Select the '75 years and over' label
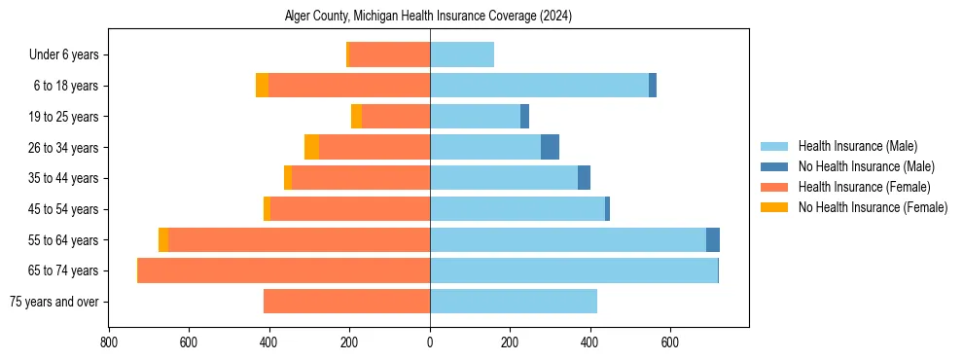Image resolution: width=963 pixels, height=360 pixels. (x=53, y=302)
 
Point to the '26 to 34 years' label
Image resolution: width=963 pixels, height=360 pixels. (x=63, y=148)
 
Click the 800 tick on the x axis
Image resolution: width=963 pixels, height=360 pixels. (x=108, y=342)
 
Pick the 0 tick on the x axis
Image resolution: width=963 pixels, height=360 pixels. (x=430, y=342)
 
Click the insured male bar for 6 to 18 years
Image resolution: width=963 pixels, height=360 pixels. (x=539, y=86)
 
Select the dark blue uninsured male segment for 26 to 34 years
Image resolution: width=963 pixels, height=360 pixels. (x=550, y=148)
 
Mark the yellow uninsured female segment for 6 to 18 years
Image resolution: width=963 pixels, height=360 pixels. (x=262, y=86)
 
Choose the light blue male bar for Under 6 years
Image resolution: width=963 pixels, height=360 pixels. (x=462, y=55)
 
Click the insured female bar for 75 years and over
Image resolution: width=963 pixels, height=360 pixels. (x=346, y=302)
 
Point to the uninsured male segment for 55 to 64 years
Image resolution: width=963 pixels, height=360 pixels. (x=713, y=240)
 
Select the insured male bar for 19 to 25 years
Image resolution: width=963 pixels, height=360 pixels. (x=475, y=117)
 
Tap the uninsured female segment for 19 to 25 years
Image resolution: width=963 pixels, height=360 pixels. (x=356, y=117)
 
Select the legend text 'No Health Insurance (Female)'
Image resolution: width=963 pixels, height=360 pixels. (x=873, y=207)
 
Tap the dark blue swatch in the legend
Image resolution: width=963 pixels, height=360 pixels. (x=774, y=166)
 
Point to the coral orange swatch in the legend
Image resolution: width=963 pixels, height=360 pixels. (x=774, y=187)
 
